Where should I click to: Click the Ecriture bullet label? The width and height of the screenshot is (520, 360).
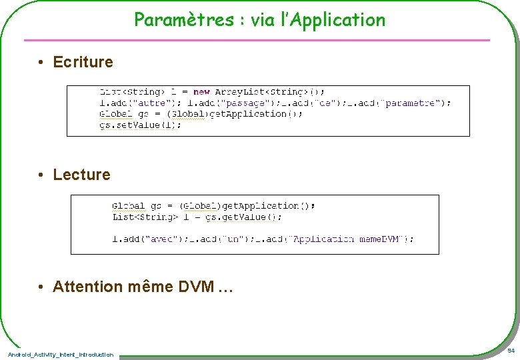tap(83, 63)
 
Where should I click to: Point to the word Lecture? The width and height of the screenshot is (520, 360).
tap(81, 175)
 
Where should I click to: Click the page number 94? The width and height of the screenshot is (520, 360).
tap(510, 351)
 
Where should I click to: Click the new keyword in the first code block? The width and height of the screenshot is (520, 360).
tap(201, 92)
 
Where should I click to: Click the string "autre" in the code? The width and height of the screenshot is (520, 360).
tap(151, 103)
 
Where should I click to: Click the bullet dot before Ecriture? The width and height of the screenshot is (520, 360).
tap(41, 63)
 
